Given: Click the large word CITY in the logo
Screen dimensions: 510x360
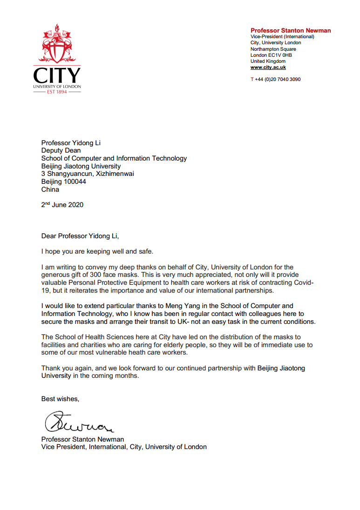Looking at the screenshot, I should [57, 75].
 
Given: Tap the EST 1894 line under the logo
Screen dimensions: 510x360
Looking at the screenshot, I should [57, 92].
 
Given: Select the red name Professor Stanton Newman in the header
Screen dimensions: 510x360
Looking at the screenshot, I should [291, 31].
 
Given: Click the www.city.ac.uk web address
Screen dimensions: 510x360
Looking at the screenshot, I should [268, 67].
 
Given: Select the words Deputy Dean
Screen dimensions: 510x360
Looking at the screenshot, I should [61, 150].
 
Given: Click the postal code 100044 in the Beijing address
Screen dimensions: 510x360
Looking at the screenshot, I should [75, 181].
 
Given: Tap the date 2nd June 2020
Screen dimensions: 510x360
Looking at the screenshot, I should [62, 205].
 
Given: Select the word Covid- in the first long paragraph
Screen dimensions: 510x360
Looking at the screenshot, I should [303, 282].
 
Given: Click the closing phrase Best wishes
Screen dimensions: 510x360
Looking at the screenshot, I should [60, 399].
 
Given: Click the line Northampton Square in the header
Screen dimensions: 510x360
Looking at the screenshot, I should [273, 49].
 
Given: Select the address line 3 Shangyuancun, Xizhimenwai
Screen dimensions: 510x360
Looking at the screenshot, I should [88, 174].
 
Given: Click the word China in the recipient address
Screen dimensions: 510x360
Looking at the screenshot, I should [50, 189].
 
